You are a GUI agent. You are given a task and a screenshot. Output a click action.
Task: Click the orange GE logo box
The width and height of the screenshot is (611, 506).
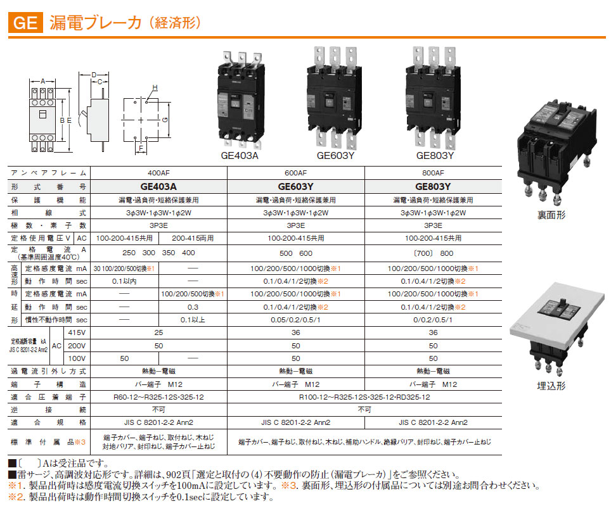pos(25,23)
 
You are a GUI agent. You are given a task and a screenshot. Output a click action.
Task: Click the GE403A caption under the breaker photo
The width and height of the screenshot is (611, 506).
pos(239,156)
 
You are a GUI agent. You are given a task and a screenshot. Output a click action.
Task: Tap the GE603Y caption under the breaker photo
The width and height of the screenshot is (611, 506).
pos(335,156)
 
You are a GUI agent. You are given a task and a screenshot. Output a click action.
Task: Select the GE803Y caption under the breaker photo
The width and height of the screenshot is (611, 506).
pos(435,156)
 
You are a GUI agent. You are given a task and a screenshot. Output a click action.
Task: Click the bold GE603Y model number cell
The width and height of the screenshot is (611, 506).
pos(295,186)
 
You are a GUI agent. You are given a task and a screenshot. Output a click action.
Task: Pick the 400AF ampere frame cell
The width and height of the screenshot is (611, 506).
pos(158,173)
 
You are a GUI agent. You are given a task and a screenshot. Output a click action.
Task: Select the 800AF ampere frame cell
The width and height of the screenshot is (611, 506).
pos(433,173)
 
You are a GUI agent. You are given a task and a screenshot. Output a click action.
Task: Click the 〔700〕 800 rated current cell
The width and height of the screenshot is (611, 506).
pos(433,253)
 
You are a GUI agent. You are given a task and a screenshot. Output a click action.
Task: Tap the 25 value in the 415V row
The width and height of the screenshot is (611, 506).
pos(158,332)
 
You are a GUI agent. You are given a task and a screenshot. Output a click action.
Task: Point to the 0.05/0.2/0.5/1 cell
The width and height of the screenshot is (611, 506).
pos(295,320)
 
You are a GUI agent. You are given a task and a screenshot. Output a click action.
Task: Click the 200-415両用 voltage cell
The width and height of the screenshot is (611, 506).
pos(193,238)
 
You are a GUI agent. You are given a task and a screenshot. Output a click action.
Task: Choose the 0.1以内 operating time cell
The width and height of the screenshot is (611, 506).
pos(124,281)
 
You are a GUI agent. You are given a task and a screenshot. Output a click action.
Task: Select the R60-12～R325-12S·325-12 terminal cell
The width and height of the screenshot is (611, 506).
pos(158,397)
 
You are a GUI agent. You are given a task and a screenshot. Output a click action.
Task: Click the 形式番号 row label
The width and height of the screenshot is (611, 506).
pos(49,187)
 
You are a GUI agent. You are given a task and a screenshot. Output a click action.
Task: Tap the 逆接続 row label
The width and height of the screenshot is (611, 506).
pos(49,410)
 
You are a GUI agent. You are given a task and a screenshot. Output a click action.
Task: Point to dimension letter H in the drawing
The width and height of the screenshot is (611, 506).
pos(155,88)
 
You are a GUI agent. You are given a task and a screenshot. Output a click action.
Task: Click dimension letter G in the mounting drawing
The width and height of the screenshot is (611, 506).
pos(165,120)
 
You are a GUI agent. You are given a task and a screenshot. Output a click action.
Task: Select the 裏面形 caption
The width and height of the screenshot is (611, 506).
pos(551,215)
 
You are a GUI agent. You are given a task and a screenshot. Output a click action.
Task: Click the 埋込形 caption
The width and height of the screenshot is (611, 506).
pos(551,386)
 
